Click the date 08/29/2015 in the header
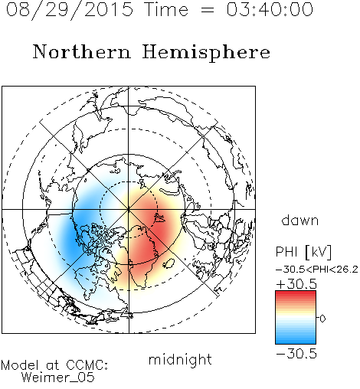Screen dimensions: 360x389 tap(70, 10)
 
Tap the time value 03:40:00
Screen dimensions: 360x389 tap(270, 9)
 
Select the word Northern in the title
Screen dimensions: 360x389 tap(82, 51)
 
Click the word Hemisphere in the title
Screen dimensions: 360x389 tap(206, 53)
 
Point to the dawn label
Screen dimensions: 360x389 tap(300, 221)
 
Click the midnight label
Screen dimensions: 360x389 tap(180, 359)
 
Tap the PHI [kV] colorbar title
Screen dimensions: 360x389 tap(303, 252)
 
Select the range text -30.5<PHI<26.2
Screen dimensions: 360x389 tap(317, 270)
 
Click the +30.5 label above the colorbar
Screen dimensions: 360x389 tap(296, 284)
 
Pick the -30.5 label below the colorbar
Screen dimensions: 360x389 tap(296, 354)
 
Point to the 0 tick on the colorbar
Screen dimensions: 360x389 tap(322, 319)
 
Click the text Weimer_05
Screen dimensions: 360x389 tap(58, 378)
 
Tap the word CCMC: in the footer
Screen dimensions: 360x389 tap(87, 365)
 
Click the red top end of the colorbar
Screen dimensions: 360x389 tap(296, 293)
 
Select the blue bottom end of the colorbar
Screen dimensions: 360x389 tap(296, 342)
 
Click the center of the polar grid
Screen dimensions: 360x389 tap(129, 209)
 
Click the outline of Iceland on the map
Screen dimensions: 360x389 tap(169, 263)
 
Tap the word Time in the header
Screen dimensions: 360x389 tap(166, 10)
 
